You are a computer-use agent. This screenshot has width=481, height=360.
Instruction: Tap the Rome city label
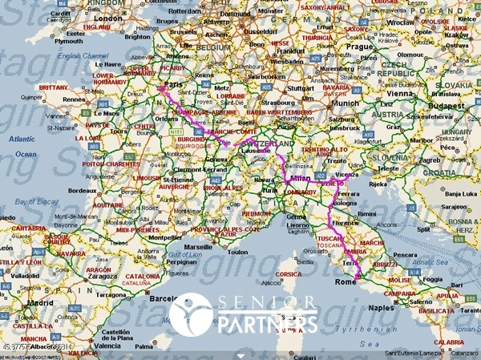point(345,281)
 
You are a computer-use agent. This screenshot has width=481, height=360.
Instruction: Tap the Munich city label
point(345,103)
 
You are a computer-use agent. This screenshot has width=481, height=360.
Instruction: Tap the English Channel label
point(79,55)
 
